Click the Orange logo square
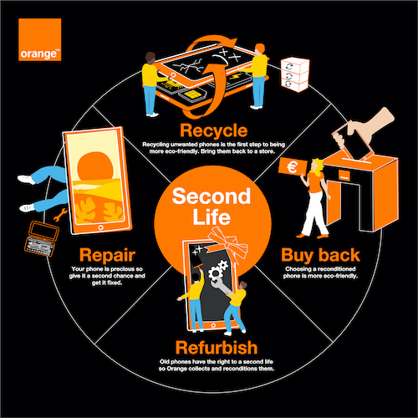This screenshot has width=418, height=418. (x=40, y=39)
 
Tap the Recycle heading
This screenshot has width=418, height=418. (x=214, y=130)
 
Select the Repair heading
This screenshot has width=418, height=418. (x=107, y=255)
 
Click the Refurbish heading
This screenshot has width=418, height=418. (x=217, y=348)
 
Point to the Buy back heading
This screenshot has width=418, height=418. (x=320, y=255)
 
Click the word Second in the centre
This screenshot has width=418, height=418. (x=212, y=196)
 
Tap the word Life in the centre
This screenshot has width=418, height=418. (x=212, y=217)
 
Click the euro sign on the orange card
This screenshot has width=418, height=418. (x=293, y=167)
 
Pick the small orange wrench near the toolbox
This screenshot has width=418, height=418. (x=60, y=215)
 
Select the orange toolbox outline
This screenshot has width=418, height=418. (x=42, y=238)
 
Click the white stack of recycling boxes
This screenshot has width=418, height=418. (x=295, y=74)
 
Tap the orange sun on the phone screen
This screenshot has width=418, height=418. (x=95, y=166)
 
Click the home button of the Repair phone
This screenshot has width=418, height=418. (x=100, y=227)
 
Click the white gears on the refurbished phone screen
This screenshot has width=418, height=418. (x=218, y=270)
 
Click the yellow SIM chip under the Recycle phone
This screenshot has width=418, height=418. (x=192, y=94)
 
